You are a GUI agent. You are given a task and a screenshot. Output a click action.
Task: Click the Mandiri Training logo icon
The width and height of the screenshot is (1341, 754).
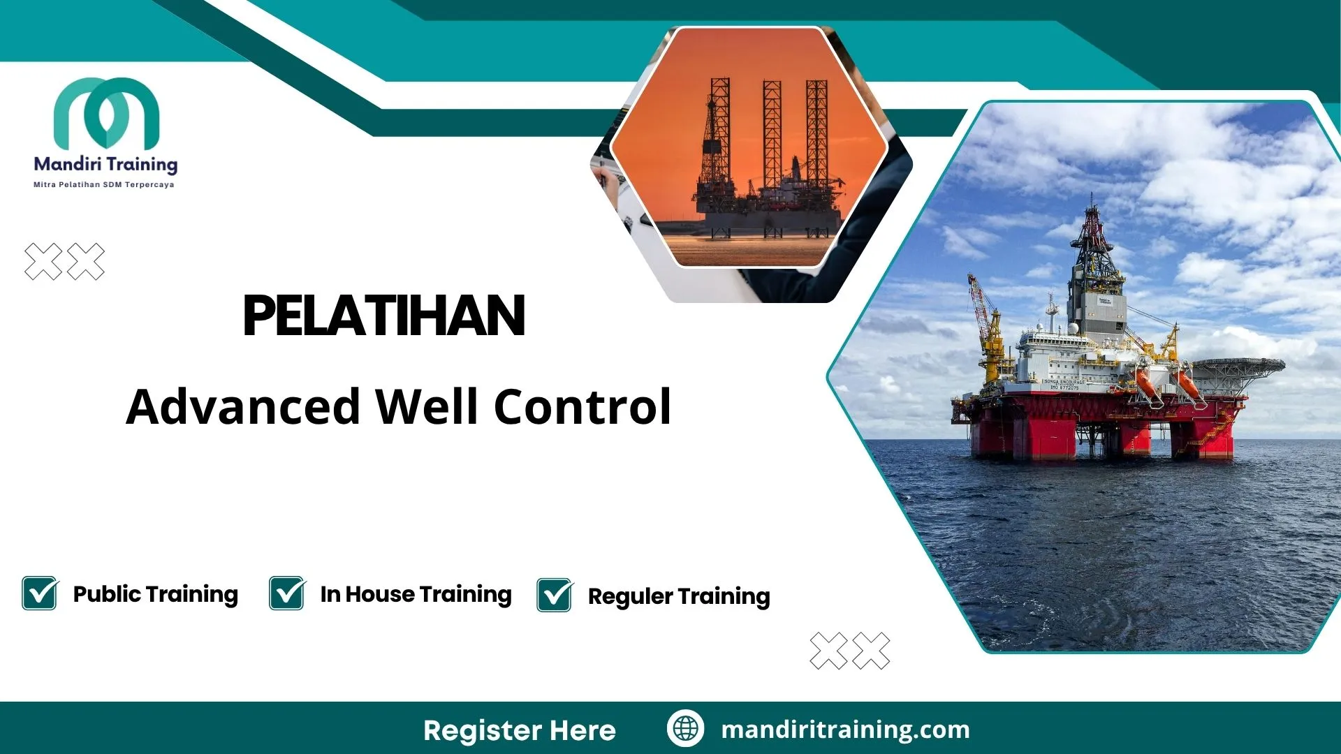(x=106, y=113)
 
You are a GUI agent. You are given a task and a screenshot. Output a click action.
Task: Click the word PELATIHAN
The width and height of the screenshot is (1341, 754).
(x=383, y=316)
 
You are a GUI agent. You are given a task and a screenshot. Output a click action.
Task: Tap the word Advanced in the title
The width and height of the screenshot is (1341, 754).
(x=242, y=407)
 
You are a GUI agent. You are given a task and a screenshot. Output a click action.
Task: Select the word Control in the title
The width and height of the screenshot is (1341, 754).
(x=582, y=407)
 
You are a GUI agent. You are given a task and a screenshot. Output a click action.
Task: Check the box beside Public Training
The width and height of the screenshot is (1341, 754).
(x=40, y=593)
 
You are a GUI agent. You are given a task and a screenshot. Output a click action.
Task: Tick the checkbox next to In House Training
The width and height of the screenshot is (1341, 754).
(x=287, y=593)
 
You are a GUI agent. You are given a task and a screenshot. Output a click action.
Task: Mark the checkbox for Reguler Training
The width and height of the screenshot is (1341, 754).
(x=555, y=596)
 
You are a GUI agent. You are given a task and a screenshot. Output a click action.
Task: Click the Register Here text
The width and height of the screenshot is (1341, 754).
(x=519, y=730)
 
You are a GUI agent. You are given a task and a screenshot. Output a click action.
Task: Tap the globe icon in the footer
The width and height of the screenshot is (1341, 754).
(x=685, y=728)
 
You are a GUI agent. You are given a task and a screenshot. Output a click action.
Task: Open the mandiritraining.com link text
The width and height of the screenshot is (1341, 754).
(x=845, y=730)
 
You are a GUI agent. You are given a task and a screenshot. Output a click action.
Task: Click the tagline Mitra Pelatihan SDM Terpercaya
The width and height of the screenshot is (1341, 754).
(x=104, y=185)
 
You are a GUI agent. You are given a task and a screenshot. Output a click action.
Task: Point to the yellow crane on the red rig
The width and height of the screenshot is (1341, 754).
(x=989, y=328)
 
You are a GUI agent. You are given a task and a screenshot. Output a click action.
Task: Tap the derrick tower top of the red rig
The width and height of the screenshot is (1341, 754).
(x=1092, y=223)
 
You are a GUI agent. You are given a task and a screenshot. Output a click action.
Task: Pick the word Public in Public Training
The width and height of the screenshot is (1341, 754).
(x=107, y=594)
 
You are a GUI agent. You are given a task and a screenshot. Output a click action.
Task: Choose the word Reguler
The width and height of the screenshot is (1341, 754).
(x=630, y=597)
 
